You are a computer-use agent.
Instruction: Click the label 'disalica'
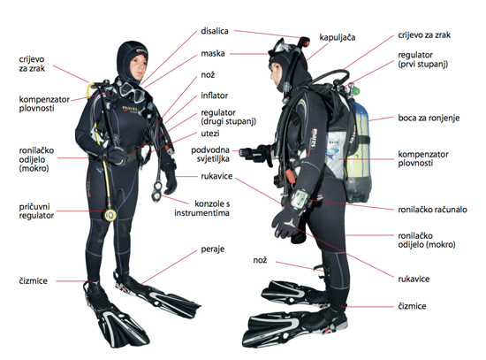(215, 31)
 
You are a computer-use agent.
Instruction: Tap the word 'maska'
(213, 53)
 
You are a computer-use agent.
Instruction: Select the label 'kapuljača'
(338, 37)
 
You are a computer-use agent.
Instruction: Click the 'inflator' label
(214, 96)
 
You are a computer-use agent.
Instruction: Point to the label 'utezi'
(210, 134)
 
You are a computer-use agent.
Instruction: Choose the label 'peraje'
(213, 249)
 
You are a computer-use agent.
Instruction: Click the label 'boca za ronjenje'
(429, 118)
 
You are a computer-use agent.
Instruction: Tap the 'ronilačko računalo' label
(432, 210)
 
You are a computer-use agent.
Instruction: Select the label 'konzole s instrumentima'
(201, 208)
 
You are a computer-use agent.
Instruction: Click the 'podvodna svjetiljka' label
(210, 154)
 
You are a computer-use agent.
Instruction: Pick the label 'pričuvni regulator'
(36, 211)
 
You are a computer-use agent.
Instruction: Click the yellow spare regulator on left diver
(110, 215)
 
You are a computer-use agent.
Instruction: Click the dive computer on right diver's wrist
(300, 198)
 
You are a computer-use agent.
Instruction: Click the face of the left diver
(138, 66)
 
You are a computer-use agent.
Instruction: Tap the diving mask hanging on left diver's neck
(133, 92)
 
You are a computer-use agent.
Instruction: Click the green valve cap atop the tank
(356, 91)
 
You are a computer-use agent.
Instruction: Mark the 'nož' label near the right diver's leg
(260, 260)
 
